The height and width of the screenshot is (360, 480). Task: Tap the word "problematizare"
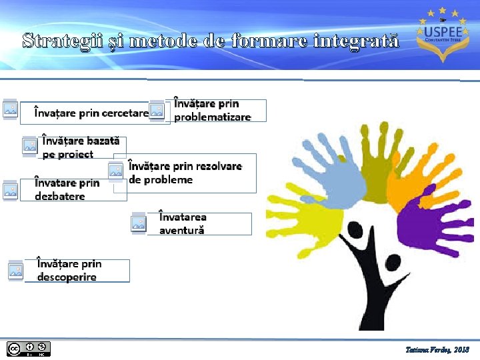coord(213,117)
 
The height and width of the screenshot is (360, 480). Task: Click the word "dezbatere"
coord(60,197)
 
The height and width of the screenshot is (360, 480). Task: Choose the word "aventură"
coord(181,231)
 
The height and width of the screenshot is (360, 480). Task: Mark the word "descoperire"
coord(67,277)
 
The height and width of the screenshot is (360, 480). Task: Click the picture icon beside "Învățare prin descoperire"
coord(15,271)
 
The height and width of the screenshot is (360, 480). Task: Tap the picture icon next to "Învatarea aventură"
coord(138,224)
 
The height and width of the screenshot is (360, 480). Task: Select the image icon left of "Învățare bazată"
coord(29,146)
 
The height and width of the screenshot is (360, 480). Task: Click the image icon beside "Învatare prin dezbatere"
coord(10,190)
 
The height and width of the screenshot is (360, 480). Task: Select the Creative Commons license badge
coord(28,349)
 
